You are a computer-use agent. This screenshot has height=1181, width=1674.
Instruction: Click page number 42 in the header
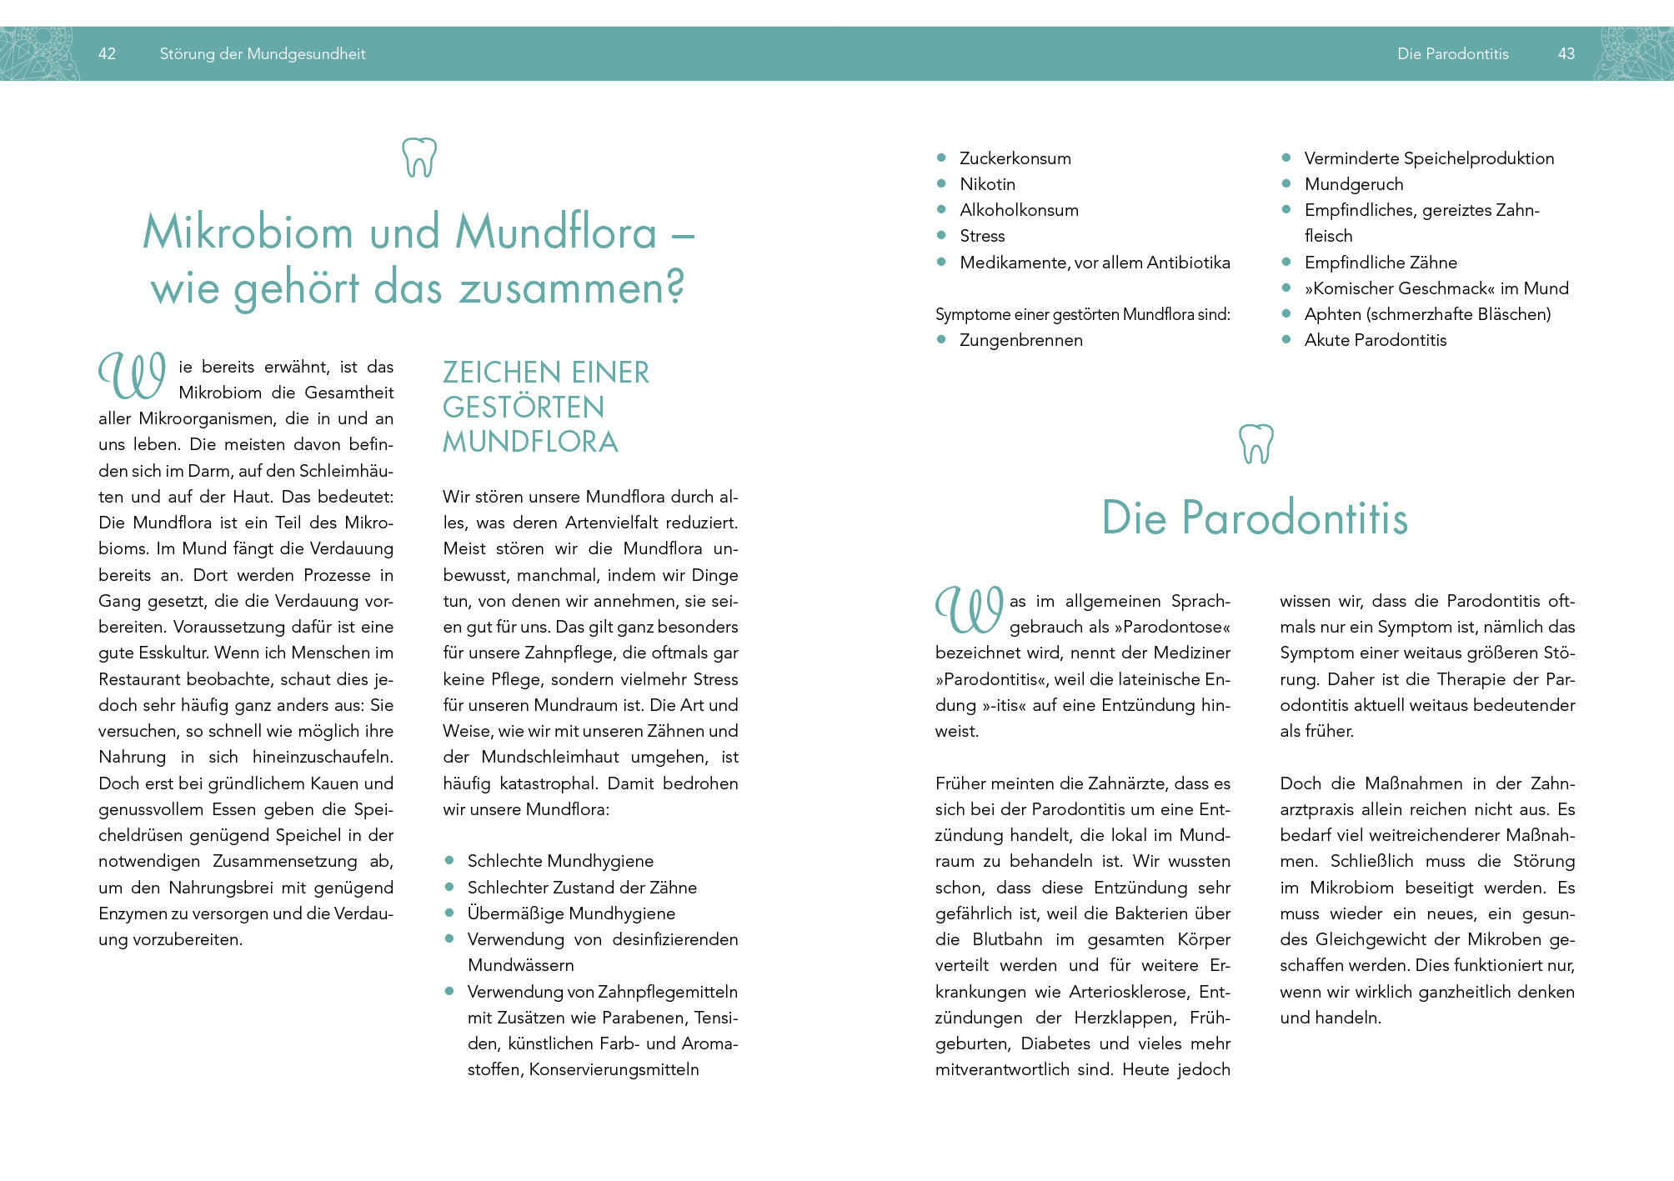point(107,54)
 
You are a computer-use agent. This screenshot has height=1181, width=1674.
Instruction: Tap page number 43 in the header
point(1566,54)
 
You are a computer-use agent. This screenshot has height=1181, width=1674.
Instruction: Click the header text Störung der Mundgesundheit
point(263,54)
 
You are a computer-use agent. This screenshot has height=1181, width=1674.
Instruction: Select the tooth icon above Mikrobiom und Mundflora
point(419,157)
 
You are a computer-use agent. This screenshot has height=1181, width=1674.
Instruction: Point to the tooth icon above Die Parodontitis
point(1256,443)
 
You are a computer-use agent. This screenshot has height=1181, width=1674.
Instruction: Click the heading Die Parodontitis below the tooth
point(1255,518)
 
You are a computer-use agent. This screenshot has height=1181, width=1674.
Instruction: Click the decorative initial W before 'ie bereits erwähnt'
point(132,376)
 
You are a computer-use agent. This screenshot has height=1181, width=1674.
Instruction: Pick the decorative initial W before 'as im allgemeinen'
point(969,609)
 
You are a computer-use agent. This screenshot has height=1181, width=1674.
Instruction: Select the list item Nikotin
point(987,184)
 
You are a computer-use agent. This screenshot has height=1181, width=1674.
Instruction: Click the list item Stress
point(982,236)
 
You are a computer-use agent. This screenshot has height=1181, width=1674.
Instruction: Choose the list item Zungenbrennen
point(1021,340)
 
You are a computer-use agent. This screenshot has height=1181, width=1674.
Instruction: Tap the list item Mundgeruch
point(1354,184)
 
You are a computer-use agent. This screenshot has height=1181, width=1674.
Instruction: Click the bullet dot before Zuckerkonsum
point(941,158)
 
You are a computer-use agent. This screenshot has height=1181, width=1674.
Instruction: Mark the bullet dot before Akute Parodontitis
point(1286,339)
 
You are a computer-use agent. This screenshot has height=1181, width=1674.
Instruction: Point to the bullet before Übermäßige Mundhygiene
point(449,913)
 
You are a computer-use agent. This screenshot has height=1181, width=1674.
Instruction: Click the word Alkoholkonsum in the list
point(1019,210)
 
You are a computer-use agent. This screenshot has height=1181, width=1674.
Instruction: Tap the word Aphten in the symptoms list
point(1332,314)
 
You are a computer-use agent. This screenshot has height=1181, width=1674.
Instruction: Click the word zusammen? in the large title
point(572,288)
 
